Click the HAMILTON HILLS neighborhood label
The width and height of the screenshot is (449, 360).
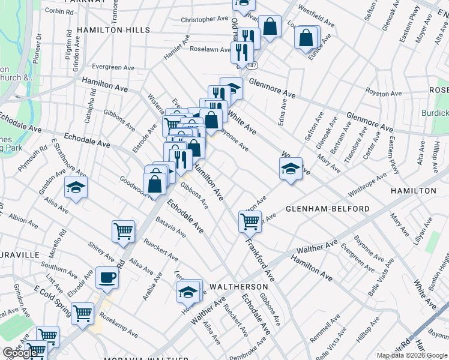click(x=113, y=29)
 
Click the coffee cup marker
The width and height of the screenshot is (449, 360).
click(x=107, y=277)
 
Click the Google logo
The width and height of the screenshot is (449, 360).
click(x=20, y=353)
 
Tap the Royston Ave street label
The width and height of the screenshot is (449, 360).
click(x=384, y=93)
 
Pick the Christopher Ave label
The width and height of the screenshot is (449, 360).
click(x=206, y=20)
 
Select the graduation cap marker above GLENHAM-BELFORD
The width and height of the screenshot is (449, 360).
click(x=291, y=169)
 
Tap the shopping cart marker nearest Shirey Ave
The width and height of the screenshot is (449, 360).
click(x=123, y=230)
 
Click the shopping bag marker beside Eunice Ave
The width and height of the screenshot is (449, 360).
click(x=306, y=38)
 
